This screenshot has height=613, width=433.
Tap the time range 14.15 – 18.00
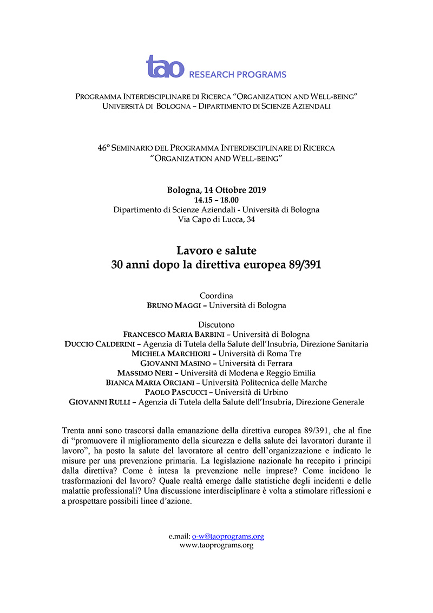pos(216,200)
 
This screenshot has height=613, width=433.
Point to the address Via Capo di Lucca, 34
pos(216,219)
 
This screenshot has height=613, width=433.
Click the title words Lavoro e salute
pos(216,251)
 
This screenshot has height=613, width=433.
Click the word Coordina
pos(216,296)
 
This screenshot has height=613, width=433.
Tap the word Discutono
pos(216,324)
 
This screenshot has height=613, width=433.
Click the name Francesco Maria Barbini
pos(168,334)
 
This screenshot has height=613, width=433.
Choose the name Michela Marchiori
pos(170,354)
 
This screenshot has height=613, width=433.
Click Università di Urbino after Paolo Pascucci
pos(253,392)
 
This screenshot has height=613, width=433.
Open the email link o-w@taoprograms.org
pos(228,537)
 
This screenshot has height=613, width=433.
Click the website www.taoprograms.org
pos(216,545)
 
